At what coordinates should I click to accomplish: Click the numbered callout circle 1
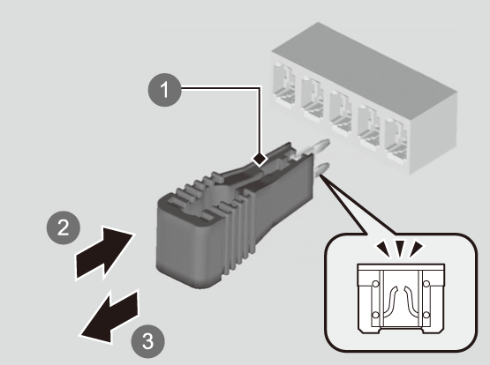coord(164,90)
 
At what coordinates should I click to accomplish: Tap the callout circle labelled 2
coord(64,227)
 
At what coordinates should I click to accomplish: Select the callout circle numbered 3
coord(147,341)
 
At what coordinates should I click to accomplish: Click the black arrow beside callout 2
coord(104,253)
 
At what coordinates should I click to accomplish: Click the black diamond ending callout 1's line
coord(260,159)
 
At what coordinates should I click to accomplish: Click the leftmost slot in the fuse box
coord(283,84)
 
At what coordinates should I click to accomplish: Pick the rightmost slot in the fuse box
coord(396,139)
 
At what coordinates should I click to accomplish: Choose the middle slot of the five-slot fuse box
coord(340,111)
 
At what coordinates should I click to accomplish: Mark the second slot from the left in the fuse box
coord(312,97)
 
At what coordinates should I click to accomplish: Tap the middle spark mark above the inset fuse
coord(400,249)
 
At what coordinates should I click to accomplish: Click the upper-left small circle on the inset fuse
coord(375,284)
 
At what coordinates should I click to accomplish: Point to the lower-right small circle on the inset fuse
coord(426,315)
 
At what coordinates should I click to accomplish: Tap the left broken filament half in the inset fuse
coord(390,301)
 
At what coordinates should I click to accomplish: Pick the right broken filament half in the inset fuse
coord(411,301)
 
